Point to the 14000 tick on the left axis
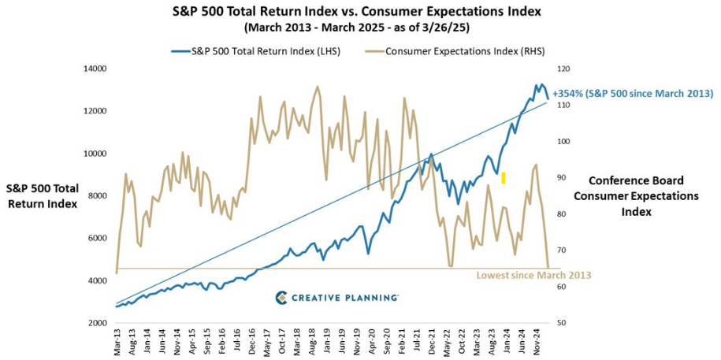pyautogui.click(x=96, y=69)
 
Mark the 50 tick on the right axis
pyautogui.click(x=562, y=323)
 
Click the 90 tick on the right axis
pyautogui.click(x=562, y=178)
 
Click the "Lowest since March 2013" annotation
pyautogui.click(x=533, y=276)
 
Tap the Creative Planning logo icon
pyautogui.click(x=281, y=297)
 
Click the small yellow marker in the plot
pyautogui.click(x=503, y=177)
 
